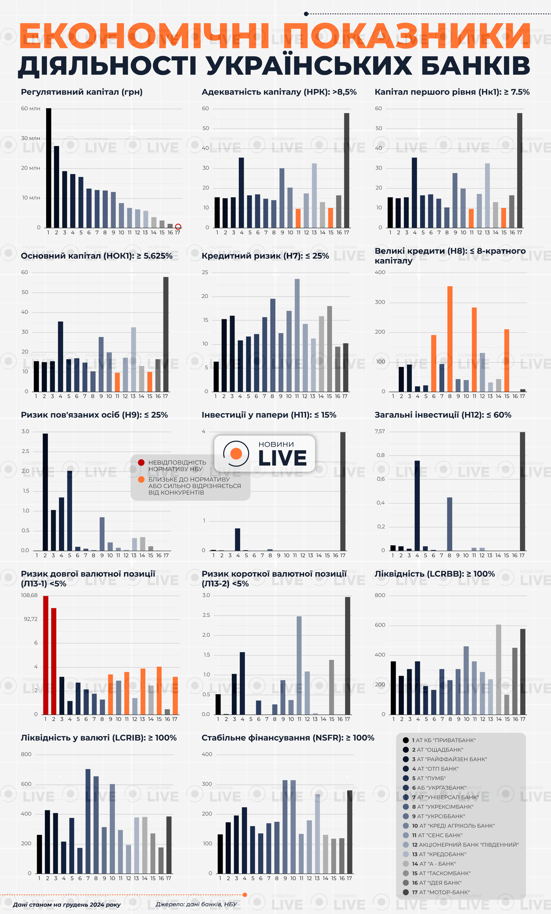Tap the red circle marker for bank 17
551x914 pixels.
point(178,226)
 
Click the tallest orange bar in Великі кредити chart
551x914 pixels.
point(450,339)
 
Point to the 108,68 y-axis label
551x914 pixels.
point(29,595)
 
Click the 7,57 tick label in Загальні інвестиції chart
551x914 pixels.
point(379,432)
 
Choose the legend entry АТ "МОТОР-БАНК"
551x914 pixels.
point(435,892)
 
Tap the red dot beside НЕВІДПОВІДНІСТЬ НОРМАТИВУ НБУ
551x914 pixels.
point(141,462)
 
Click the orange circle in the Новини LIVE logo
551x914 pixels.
point(236,454)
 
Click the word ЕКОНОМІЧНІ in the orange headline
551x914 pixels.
point(144,36)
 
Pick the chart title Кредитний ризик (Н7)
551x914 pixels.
point(265,256)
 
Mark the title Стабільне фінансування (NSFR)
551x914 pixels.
point(288,738)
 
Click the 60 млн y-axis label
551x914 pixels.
point(31,108)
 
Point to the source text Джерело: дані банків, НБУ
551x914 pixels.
point(196,904)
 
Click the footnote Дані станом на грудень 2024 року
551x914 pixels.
point(67,905)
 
